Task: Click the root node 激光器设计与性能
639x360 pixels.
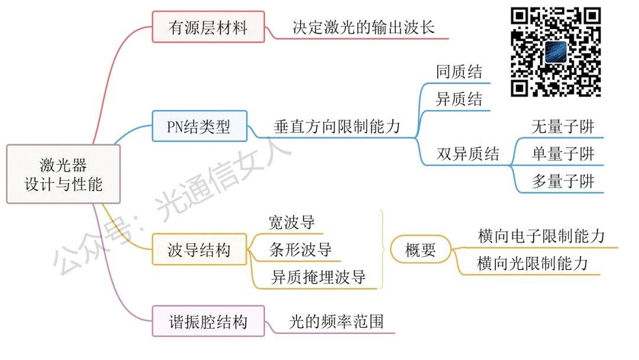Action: click(63, 174)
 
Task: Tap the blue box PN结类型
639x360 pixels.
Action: click(199, 126)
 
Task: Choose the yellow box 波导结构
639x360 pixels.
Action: click(199, 250)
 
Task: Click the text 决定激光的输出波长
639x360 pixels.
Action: click(363, 27)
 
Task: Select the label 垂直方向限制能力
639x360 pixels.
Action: click(337, 126)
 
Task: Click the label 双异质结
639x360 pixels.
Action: click(467, 155)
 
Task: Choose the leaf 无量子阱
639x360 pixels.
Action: click(562, 127)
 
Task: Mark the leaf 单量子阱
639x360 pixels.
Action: click(562, 155)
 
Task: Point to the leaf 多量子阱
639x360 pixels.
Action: click(562, 181)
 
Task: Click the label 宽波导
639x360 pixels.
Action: click(291, 223)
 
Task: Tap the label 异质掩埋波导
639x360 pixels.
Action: click(318, 277)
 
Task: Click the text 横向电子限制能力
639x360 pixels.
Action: click(541, 236)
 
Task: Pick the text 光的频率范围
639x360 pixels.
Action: click(335, 322)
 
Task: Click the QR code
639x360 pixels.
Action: click(556, 52)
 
